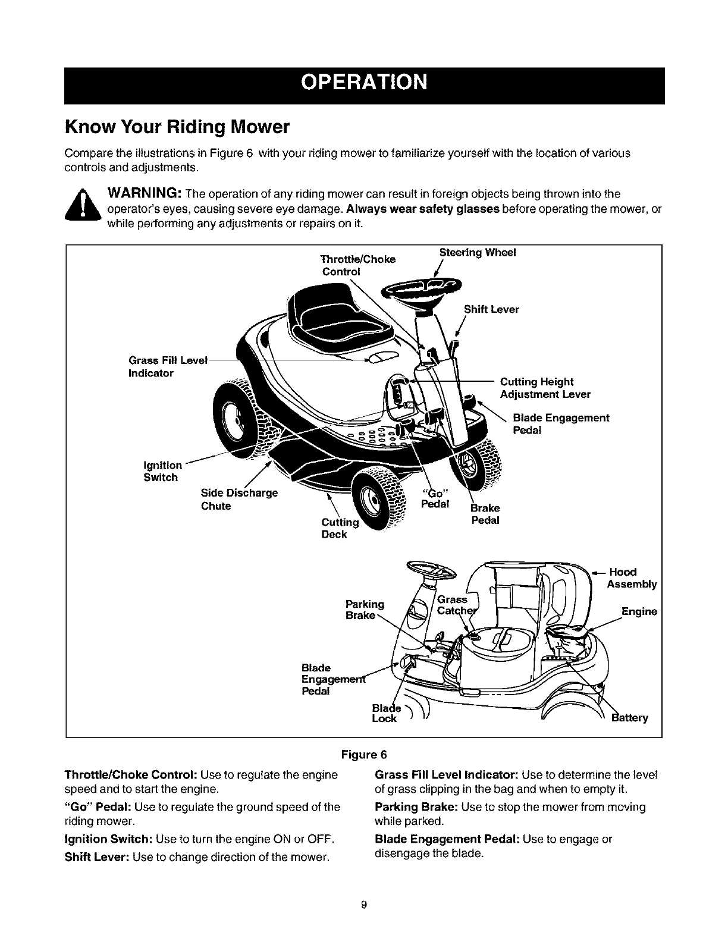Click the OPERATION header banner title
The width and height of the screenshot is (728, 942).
point(364,82)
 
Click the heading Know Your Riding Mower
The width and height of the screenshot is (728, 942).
point(177,127)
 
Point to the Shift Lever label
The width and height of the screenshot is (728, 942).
point(491,309)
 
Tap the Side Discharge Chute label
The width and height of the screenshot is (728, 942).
point(239,500)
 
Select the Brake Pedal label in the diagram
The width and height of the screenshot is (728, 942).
point(485,514)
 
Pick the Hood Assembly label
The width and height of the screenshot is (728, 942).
point(631,578)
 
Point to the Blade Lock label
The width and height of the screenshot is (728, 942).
point(384,713)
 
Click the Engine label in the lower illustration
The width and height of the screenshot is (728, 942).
point(639,611)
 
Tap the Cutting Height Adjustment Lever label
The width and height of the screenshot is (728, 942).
point(545,388)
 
